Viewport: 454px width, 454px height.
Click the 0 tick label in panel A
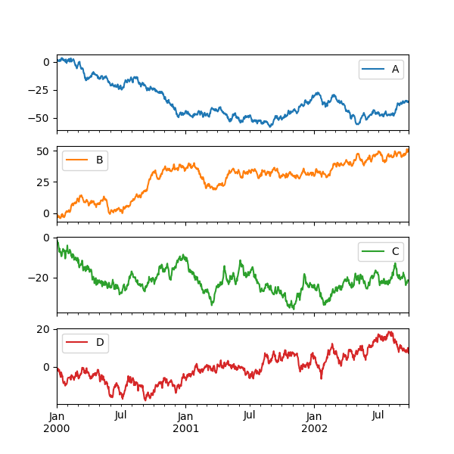[46, 62]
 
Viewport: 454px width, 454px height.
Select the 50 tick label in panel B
[44, 151]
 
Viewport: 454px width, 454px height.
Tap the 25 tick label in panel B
[44, 182]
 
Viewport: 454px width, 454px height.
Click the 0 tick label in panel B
[47, 213]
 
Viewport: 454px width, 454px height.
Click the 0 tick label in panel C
[47, 238]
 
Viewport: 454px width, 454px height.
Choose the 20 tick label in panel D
[44, 329]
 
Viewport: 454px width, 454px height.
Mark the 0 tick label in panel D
[47, 367]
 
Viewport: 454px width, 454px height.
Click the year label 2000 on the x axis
[57, 428]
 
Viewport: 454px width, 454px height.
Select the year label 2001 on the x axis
[185, 428]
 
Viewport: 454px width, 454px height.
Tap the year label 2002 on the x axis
[314, 428]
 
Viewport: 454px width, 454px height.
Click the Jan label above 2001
[185, 415]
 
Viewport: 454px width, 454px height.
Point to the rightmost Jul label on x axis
[378, 415]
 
